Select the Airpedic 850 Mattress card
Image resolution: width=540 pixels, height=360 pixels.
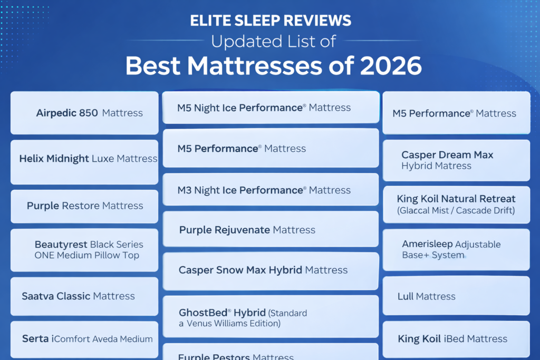(84, 113)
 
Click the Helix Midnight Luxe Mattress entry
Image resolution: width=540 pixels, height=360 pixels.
(84, 159)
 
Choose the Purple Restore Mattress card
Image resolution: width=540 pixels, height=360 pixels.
(84, 206)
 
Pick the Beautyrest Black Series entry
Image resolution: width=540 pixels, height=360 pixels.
(84, 250)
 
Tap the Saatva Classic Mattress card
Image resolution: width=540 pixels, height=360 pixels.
(84, 296)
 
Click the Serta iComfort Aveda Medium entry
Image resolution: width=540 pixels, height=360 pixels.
(84, 339)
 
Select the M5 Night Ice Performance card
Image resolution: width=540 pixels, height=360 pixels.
(270, 108)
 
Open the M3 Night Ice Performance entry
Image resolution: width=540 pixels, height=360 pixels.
(270, 190)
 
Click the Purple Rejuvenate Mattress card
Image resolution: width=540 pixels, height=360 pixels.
(270, 230)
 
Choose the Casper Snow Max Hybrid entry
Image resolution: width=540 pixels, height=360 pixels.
(270, 270)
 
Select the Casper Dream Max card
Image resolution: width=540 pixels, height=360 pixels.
(456, 160)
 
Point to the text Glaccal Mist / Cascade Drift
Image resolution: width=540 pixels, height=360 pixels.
(456, 211)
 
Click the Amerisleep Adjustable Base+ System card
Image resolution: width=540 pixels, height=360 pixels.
(456, 250)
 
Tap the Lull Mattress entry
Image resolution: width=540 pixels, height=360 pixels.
(456, 296)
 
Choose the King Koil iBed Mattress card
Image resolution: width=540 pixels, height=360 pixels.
(456, 339)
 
